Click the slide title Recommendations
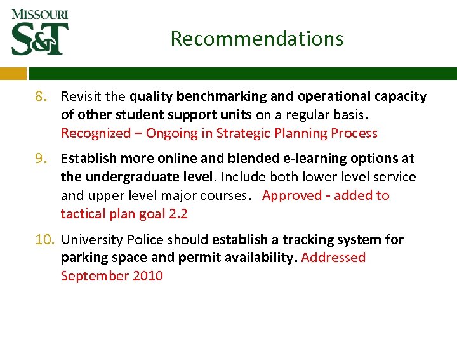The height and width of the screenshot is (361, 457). pos(257,39)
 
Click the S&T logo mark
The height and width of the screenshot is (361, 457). pos(39,39)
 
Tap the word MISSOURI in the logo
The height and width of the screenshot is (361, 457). pos(39,14)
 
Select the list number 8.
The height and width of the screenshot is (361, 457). pos(42,97)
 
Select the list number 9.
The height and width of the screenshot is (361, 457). pos(42,159)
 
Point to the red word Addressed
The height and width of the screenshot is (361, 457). pos(334,258)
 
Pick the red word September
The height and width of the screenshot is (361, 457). pos(93,276)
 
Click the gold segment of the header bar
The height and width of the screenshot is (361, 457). pos(13,73)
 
